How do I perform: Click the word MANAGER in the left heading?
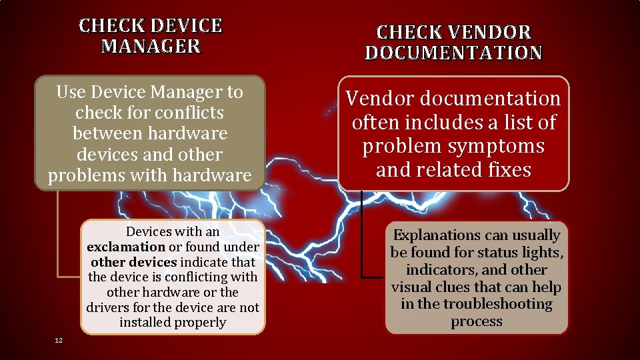[151, 46]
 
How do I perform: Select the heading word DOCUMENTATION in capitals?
[453, 53]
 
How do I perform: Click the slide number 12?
[59, 341]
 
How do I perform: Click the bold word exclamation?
[126, 247]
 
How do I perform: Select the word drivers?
[107, 307]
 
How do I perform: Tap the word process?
[476, 321]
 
